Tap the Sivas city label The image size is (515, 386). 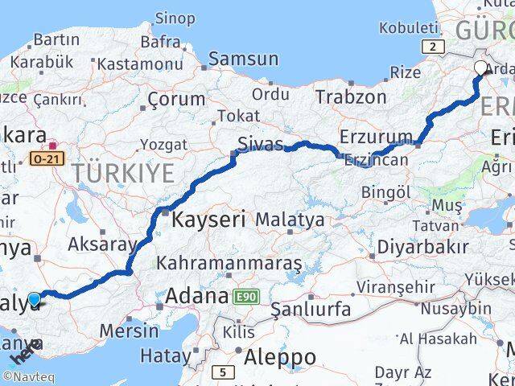(x=260, y=145)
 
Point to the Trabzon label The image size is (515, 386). (x=351, y=97)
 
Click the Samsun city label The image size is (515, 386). (x=244, y=59)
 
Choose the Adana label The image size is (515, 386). (x=196, y=297)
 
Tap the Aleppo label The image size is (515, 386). (x=281, y=356)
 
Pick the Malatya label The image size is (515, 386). (x=290, y=219)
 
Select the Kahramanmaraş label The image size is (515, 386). (x=229, y=263)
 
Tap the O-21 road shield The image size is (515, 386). (x=44, y=160)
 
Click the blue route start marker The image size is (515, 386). (x=34, y=300)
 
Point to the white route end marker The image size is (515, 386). (x=481, y=68)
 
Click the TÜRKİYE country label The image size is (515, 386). (x=122, y=172)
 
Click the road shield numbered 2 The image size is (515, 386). (x=434, y=48)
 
